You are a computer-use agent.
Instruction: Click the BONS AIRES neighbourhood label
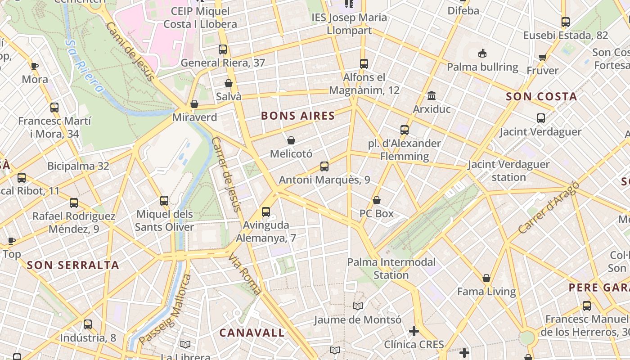coord(298,116)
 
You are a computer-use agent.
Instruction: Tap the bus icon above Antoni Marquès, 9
coord(324,166)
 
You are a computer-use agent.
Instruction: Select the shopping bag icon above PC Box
coord(377,200)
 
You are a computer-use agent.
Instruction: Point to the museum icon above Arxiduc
coord(432,95)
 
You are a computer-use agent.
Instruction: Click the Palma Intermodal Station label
coord(391,268)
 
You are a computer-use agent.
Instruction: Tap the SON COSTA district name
coord(541,97)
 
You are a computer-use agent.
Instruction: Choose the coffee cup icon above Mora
coord(35,66)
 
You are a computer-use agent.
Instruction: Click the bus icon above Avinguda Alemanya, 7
coord(266,211)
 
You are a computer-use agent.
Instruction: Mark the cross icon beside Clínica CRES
coord(414,332)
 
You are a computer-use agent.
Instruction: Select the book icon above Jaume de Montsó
coord(358,306)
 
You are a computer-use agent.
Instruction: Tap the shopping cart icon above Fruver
coord(543,57)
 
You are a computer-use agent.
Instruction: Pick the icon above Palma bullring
coord(482,54)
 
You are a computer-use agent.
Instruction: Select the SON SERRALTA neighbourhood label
coord(73,265)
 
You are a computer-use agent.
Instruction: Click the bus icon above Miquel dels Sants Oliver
coord(164,201)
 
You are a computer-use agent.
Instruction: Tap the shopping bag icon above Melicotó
coord(291,140)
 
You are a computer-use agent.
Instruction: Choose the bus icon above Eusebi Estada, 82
coord(566,22)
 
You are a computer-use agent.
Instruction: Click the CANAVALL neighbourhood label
coord(252,333)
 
